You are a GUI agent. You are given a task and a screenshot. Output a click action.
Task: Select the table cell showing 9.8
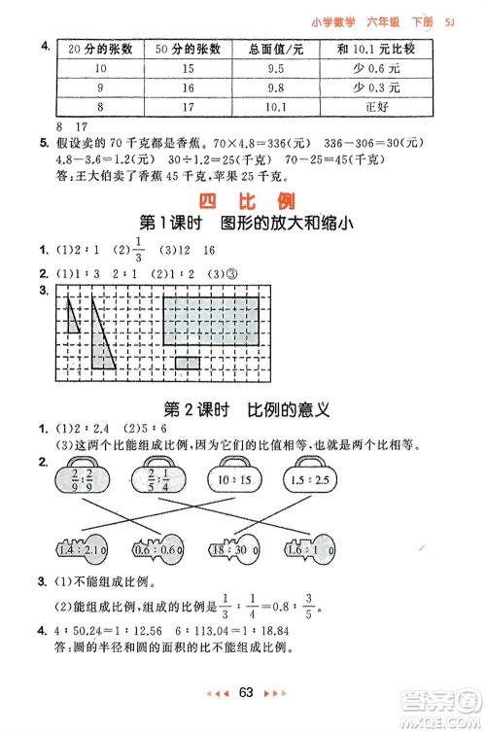[275, 87]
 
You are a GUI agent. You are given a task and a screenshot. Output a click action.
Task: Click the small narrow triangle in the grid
[74, 318]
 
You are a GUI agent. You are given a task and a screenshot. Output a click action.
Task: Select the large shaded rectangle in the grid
[211, 322]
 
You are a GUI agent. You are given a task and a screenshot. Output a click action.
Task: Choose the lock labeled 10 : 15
[234, 481]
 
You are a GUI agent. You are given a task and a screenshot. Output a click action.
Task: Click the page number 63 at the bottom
[245, 694]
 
